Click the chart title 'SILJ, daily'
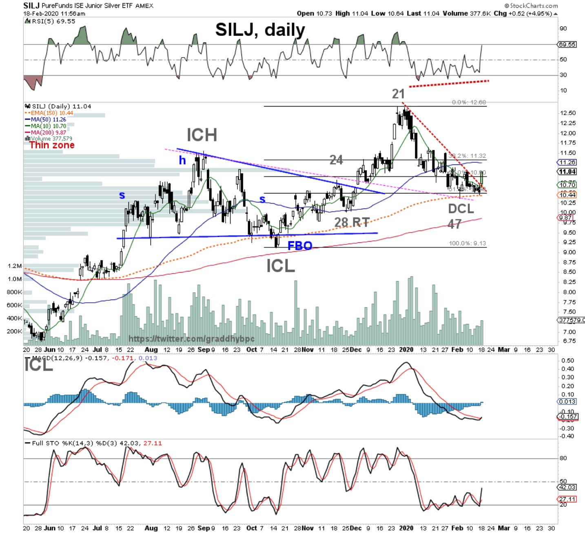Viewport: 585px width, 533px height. [260, 30]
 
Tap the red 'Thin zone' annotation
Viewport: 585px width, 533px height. [52, 145]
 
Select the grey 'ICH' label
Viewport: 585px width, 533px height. [202, 135]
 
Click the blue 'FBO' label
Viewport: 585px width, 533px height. [300, 246]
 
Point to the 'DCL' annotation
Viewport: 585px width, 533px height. [461, 209]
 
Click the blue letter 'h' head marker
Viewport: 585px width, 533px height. [182, 160]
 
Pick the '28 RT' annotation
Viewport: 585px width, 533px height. [352, 222]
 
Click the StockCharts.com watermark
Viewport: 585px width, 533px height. [531, 5]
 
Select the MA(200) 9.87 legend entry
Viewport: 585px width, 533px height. [48, 133]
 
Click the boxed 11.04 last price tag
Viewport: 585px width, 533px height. [567, 172]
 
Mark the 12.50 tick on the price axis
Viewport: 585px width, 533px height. [568, 113]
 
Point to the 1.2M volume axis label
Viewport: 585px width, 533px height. [14, 266]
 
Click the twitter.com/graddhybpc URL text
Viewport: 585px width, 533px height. [191, 339]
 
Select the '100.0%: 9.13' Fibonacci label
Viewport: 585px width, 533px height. [467, 243]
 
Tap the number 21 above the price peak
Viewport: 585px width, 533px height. [398, 94]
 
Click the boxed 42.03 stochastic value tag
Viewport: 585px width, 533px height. [567, 487]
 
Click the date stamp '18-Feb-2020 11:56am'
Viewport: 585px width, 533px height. [54, 13]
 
